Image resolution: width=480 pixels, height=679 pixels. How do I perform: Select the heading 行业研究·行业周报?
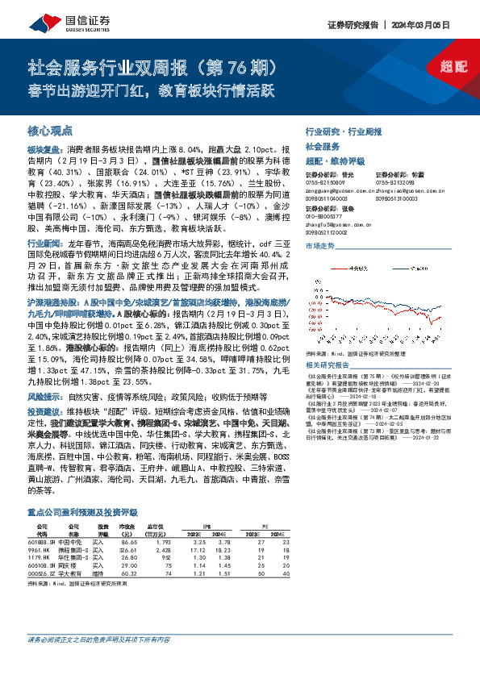click(343, 130)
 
